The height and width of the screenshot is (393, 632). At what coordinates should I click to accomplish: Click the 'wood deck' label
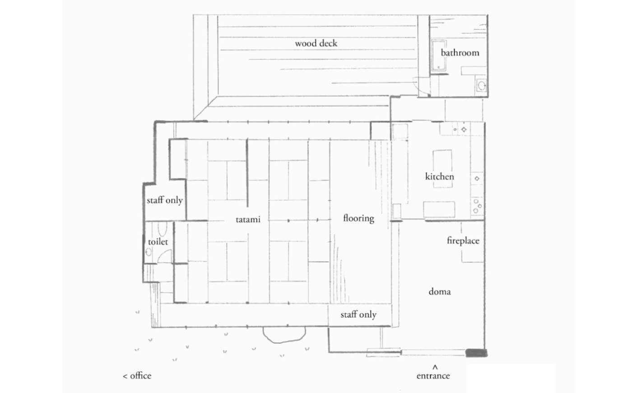pyautogui.click(x=316, y=43)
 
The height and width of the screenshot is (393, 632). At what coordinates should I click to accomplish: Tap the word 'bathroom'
pyautogui.click(x=460, y=53)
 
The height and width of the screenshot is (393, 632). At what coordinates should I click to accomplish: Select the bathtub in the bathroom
pyautogui.click(x=438, y=56)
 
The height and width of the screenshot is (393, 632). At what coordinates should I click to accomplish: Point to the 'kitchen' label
pyautogui.click(x=440, y=177)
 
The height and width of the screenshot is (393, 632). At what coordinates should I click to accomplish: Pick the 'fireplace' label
pyautogui.click(x=463, y=240)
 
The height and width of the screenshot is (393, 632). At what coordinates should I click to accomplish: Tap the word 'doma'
pyautogui.click(x=440, y=292)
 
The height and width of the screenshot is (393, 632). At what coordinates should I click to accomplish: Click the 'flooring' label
pyautogui.click(x=358, y=218)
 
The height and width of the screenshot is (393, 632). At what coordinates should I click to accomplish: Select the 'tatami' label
pyautogui.click(x=248, y=220)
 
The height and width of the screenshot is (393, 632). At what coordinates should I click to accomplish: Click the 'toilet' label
pyautogui.click(x=158, y=242)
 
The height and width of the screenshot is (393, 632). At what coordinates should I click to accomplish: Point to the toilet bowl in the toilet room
pyautogui.click(x=162, y=229)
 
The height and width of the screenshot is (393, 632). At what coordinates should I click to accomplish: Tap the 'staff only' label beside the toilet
pyautogui.click(x=164, y=200)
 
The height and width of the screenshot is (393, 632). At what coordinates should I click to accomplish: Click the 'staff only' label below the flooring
pyautogui.click(x=358, y=314)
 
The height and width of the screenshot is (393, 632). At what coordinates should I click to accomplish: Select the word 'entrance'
pyautogui.click(x=433, y=376)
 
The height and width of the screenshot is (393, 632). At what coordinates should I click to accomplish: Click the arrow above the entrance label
pyautogui.click(x=435, y=367)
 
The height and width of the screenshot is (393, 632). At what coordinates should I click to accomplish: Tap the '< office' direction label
pyautogui.click(x=137, y=376)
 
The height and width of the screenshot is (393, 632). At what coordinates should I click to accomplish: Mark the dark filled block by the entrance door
pyautogui.click(x=476, y=353)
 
